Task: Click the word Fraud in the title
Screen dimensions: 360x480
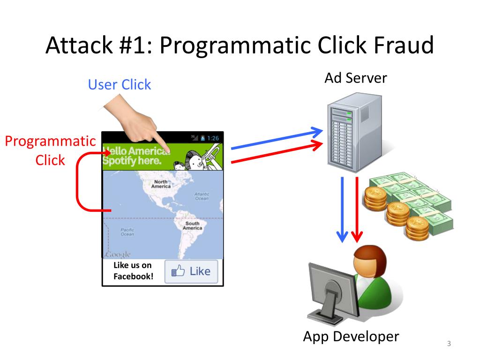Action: [404, 45]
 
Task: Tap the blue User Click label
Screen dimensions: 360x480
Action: [120, 85]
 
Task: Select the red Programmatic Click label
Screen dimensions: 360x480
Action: [50, 150]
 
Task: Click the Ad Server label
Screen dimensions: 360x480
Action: [356, 78]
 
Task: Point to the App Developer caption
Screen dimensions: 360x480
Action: [351, 337]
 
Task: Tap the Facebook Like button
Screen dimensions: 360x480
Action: [191, 271]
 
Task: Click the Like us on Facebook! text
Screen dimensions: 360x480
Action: [133, 271]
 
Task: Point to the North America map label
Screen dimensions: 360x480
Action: [161, 184]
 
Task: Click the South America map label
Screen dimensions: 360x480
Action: [192, 225]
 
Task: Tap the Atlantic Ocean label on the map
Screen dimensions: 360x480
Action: [202, 196]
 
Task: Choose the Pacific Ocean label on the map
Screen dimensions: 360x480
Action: [127, 232]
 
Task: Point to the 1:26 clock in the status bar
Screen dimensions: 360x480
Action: [213, 138]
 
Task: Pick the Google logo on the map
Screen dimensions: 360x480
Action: [118, 255]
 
